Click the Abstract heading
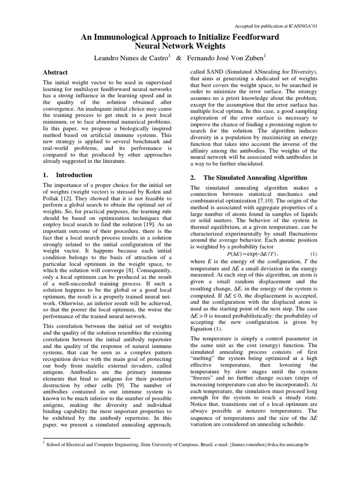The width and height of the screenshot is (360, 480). pyautogui.click(x=55, y=73)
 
